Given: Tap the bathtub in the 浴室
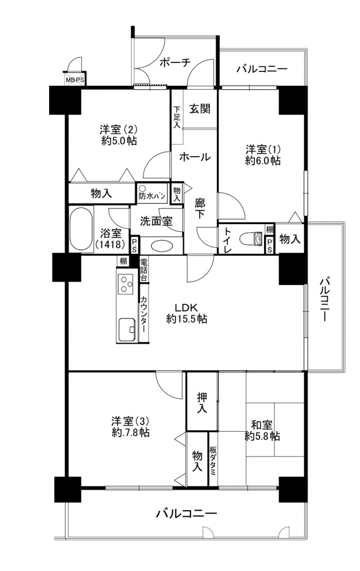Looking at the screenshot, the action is pos(81,229).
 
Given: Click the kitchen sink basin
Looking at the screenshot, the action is pos(127,329).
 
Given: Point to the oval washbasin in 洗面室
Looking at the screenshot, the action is pos(162,245).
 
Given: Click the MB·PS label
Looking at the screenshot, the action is pos(75,80).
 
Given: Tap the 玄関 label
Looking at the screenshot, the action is pos(200,108).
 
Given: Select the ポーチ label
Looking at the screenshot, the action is pos(175,62).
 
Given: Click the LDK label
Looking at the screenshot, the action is pos(187,307).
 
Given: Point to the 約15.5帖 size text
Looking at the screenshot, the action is pos(187,319).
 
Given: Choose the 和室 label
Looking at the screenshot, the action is pos(262,424).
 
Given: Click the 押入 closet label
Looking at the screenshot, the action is pos(202,402).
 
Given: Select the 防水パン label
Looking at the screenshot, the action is pos(152,196).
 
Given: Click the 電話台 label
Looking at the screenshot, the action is pos(144,270).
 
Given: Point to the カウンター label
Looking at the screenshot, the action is pos(144,313).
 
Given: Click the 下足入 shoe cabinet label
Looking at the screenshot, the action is pos(177,117).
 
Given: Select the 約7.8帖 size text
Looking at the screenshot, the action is pos(130,433).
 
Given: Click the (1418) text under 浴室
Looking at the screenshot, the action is pos(111,244).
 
